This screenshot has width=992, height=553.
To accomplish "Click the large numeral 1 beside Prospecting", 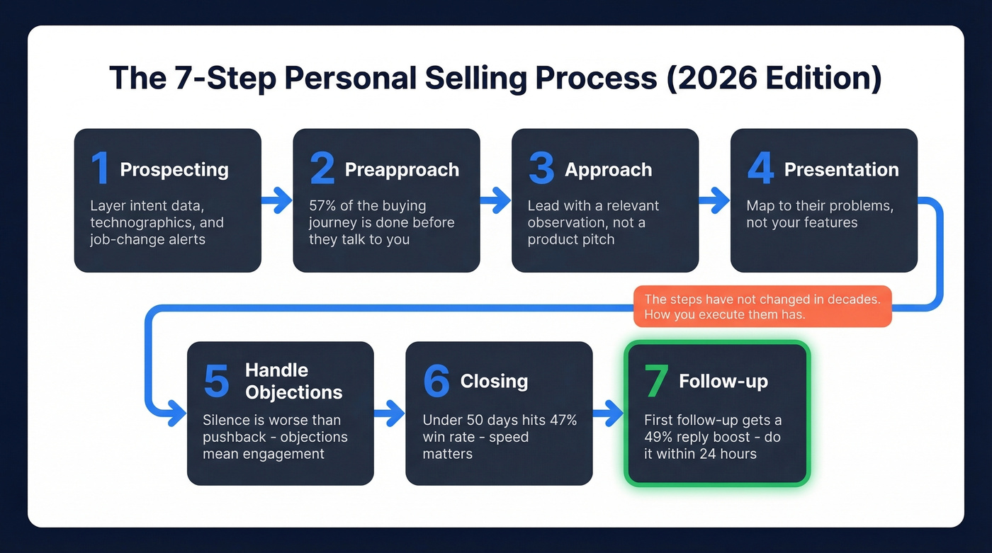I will point(100,169).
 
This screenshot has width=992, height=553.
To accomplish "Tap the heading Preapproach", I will point(402,170).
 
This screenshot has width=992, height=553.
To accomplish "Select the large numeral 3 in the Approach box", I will point(541,169).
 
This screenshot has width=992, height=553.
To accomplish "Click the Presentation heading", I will point(841,170).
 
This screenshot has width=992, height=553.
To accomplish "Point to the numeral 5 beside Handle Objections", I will point(216,381).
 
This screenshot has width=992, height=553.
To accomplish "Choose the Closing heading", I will point(494,381).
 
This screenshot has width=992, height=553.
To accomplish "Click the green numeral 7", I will point(655,381).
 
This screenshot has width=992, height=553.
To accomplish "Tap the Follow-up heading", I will point(723,381).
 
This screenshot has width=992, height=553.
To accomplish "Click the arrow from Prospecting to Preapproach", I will point(277,200).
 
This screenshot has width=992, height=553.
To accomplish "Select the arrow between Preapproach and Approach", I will point(495,200).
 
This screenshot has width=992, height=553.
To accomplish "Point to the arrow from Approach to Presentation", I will point(714,200).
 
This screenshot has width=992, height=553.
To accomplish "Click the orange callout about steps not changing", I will point(762,307).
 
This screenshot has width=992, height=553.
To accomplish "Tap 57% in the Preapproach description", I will point(322,206).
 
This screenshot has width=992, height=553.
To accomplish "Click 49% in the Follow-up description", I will point(658,437).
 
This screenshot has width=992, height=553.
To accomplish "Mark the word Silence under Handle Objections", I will point(227,420).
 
